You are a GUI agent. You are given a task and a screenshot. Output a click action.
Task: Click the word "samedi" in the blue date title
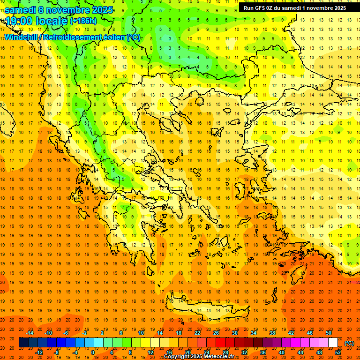click(19, 10)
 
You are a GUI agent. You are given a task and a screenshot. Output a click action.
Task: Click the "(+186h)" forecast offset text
click(83, 21)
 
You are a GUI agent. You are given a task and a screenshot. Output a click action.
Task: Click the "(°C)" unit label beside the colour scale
click(349, 343)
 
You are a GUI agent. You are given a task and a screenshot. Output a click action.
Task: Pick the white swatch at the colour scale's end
click(333, 343)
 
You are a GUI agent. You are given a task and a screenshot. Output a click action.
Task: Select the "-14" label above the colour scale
click(30, 333)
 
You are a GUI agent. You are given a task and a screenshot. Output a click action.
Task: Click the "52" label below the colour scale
click(338, 352)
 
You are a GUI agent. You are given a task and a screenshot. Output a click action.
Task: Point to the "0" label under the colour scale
click(92, 352)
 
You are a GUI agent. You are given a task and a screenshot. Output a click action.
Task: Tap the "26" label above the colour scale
click(216, 333)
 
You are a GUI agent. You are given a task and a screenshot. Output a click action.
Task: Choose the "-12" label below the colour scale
click(39, 352)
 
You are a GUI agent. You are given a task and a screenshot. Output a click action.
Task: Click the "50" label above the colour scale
click(329, 333)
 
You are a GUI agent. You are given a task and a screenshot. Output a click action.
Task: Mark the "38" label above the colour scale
click(272, 333)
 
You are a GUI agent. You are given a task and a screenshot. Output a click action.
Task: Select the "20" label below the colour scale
click(187, 352)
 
